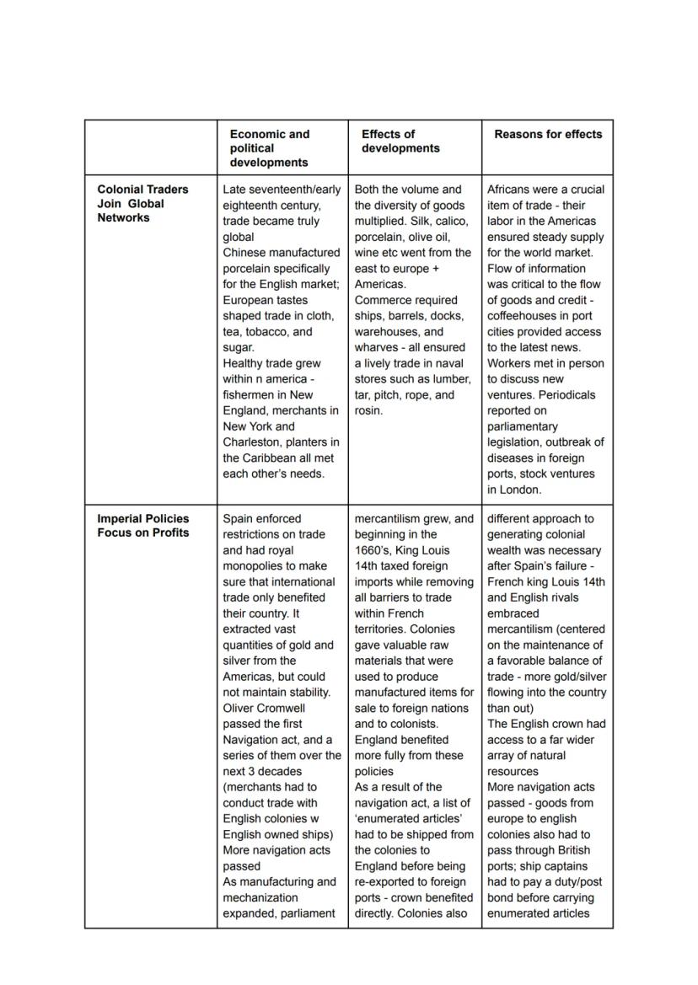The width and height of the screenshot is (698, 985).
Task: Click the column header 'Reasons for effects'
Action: pyautogui.click(x=548, y=134)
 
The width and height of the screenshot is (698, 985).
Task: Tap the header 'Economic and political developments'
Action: pyautogui.click(x=269, y=147)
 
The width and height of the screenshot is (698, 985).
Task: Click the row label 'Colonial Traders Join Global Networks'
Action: pyautogui.click(x=142, y=203)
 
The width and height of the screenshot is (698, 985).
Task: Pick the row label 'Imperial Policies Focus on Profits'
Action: pyautogui.click(x=142, y=525)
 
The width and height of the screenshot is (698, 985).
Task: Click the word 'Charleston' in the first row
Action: pyautogui.click(x=252, y=442)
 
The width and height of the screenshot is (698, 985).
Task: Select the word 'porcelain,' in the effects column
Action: pyautogui.click(x=382, y=237)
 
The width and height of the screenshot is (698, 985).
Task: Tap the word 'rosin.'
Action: pyautogui.click(x=369, y=411)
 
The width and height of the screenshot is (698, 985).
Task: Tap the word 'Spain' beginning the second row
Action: pyautogui.click(x=239, y=519)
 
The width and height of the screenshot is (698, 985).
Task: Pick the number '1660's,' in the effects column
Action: pyautogui.click(x=373, y=550)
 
